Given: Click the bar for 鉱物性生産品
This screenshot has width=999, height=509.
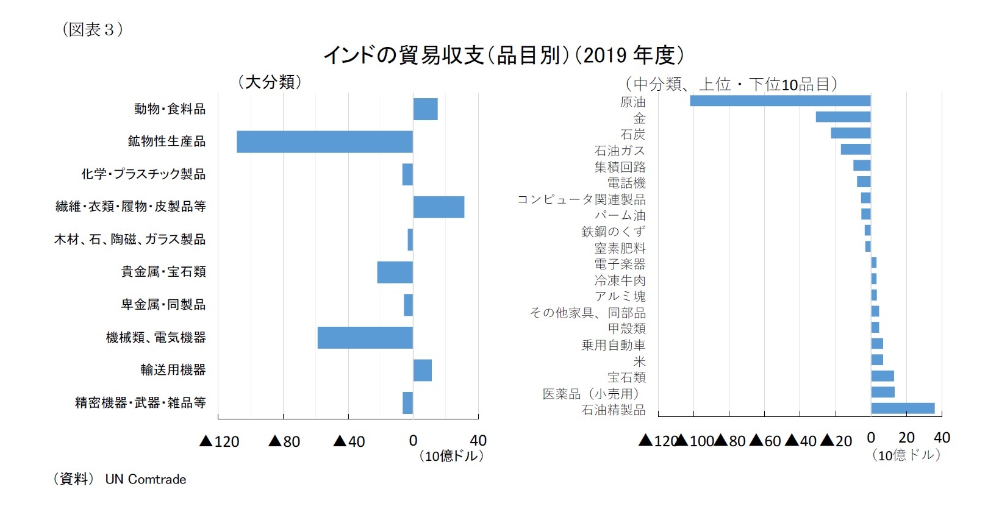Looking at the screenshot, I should [324, 141].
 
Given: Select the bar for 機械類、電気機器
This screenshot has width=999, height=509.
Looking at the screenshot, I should [365, 338].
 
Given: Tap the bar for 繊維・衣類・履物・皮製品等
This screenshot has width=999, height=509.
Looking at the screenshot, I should [439, 207].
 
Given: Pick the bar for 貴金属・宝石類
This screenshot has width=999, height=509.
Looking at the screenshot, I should [395, 272].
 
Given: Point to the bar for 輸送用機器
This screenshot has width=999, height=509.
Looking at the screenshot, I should [422, 370].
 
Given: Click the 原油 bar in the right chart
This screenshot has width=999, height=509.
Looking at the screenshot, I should [780, 101].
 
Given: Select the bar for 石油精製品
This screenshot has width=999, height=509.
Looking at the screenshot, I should [903, 408].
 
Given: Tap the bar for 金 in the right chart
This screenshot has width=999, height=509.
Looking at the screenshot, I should [843, 117].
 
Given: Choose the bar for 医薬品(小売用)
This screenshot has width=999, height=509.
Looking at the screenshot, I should [883, 392].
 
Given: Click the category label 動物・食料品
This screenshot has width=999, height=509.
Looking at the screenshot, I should [170, 109].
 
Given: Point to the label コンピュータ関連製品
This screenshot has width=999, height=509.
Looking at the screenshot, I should [581, 199].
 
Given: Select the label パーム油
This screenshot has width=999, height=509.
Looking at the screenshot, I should [620, 215].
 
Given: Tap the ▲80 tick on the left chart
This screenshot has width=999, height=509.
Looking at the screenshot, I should [284, 441].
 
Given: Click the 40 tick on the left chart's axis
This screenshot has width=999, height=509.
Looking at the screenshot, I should [478, 440].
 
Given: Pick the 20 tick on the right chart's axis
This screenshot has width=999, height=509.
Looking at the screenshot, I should [906, 438].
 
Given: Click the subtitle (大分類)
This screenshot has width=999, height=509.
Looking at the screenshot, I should [270, 82].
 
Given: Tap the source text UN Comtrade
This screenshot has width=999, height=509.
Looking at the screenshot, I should [145, 479].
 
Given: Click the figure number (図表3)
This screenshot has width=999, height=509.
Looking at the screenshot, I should [93, 29].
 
